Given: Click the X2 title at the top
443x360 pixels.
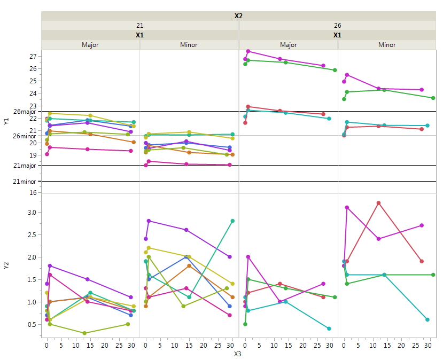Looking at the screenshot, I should click(238, 15).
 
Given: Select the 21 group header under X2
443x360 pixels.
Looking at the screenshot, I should click(139, 25).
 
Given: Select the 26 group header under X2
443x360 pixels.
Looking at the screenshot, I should click(337, 25).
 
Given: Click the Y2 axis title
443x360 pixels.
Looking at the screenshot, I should click(6, 265).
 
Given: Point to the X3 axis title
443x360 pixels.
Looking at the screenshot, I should click(238, 353).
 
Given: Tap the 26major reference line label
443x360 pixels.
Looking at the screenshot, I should click(24, 112).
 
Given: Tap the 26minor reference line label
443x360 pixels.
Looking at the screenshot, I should click(24, 136).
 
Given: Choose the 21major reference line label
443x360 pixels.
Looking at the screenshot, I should click(24, 166).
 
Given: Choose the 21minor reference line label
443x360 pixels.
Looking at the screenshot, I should click(24, 182).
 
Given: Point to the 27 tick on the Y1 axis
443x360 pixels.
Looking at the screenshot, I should click(33, 56).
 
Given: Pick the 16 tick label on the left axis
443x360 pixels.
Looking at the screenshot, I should click(33, 192).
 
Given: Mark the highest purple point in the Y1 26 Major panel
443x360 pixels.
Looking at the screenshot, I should click(248, 51).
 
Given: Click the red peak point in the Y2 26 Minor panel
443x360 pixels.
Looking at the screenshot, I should click(378, 203).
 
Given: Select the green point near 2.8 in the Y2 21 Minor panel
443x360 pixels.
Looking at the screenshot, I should click(232, 221).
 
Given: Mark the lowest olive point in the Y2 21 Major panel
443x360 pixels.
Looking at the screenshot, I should click(84, 333).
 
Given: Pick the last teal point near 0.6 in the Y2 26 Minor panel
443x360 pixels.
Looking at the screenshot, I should click(428, 319).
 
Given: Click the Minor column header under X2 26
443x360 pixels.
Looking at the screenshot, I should click(387, 45).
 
